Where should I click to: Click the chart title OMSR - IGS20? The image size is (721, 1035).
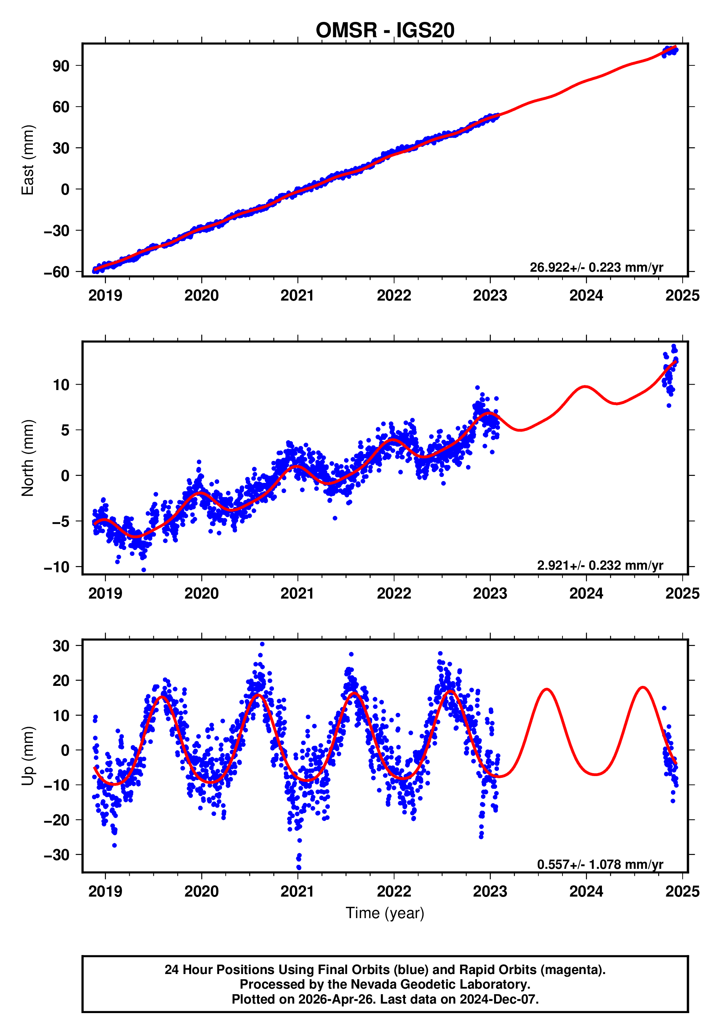point(385,31)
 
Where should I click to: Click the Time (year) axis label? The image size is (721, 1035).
point(385,912)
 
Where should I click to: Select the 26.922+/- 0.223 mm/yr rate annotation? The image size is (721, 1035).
point(596,267)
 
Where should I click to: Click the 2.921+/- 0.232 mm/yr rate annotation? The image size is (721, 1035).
point(600,565)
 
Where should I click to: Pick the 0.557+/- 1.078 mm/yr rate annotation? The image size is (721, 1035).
point(600,864)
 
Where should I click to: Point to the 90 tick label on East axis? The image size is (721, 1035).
point(61,66)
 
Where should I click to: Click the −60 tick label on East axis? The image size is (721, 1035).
point(56,272)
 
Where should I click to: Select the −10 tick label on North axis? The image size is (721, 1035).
point(56,567)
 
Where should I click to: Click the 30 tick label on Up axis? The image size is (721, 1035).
point(61,646)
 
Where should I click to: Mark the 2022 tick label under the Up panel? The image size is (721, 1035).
point(394,891)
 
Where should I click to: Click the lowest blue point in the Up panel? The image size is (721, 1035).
point(298,867)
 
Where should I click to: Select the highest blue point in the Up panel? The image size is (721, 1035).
point(262,644)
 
